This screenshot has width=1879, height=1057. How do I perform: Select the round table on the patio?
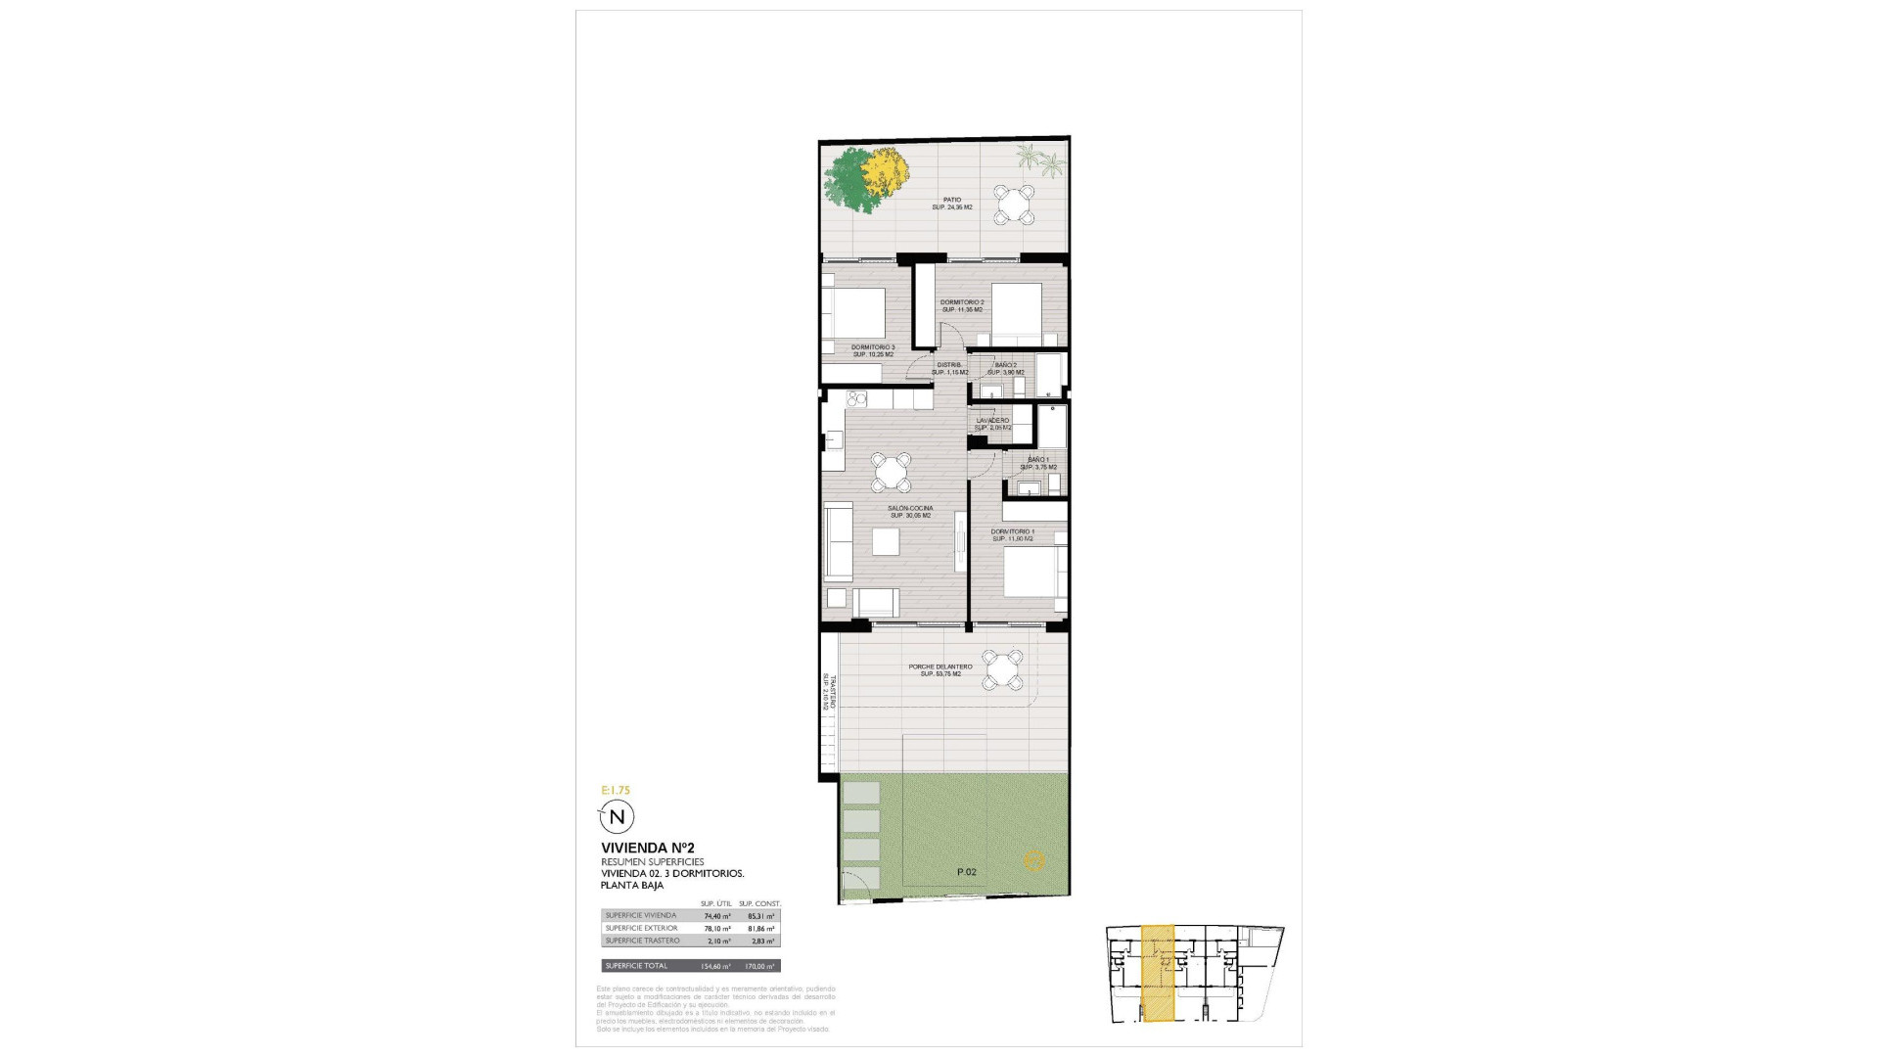pyautogui.click(x=1015, y=206)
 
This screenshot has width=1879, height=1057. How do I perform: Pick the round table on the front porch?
pyautogui.click(x=1003, y=670)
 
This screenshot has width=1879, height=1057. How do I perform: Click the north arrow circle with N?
pyautogui.click(x=617, y=816)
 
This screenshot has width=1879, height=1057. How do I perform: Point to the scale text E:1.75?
pyautogui.click(x=617, y=790)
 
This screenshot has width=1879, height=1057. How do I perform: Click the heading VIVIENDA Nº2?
pyautogui.click(x=648, y=848)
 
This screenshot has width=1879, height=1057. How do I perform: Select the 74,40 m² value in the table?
pyautogui.click(x=717, y=916)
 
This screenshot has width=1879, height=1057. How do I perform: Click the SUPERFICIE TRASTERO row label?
pyautogui.click(x=642, y=941)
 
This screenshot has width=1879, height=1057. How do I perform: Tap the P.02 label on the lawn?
pyautogui.click(x=967, y=871)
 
